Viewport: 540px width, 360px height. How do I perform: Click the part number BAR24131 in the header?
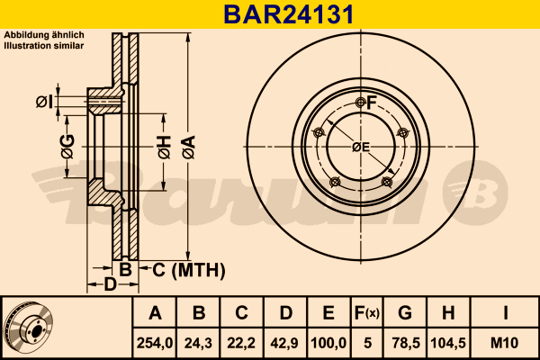[x=289, y=14]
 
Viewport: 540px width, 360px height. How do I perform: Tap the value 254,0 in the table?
[x=155, y=343]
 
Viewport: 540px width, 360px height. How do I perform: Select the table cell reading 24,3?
[x=198, y=343]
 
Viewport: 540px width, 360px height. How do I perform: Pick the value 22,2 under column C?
[x=241, y=343]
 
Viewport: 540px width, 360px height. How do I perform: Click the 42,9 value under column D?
[x=284, y=343]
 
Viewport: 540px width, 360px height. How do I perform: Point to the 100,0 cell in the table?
[x=328, y=343]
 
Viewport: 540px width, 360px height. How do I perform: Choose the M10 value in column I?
[x=505, y=343]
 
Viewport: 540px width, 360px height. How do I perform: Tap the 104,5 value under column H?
[x=448, y=343]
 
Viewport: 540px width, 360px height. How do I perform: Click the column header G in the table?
[x=405, y=313]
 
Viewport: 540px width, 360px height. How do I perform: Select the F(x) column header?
[x=367, y=313]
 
